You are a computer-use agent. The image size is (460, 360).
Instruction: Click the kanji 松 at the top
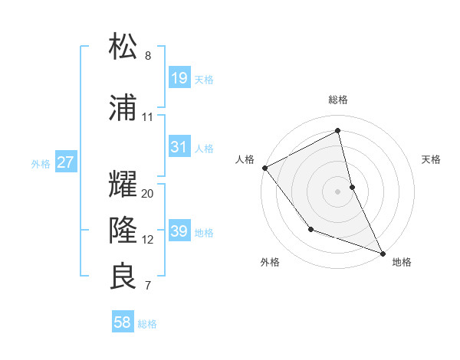(x=123, y=47)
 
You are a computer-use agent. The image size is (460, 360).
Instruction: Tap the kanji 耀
(x=123, y=185)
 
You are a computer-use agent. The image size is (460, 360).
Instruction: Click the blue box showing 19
(x=179, y=78)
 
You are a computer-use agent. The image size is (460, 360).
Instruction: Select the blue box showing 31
(x=179, y=147)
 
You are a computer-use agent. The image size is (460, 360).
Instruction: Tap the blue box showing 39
(x=179, y=231)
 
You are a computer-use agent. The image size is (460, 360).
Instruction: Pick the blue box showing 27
(x=66, y=162)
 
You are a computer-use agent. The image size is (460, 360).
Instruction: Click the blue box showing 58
(x=122, y=322)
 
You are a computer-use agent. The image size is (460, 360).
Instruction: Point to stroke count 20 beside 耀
(x=148, y=194)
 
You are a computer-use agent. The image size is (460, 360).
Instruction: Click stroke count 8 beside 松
(x=148, y=56)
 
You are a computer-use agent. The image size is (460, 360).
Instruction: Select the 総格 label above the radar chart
(x=338, y=100)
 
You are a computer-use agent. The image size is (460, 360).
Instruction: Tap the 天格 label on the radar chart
(x=431, y=159)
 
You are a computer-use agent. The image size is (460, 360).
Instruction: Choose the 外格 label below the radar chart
(x=270, y=262)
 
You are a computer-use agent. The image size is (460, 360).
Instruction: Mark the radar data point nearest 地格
(x=383, y=252)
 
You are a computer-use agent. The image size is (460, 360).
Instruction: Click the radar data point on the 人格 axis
(x=264, y=167)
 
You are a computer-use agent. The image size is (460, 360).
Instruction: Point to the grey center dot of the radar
(x=338, y=191)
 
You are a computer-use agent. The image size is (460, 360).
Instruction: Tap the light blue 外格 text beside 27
(x=41, y=163)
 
